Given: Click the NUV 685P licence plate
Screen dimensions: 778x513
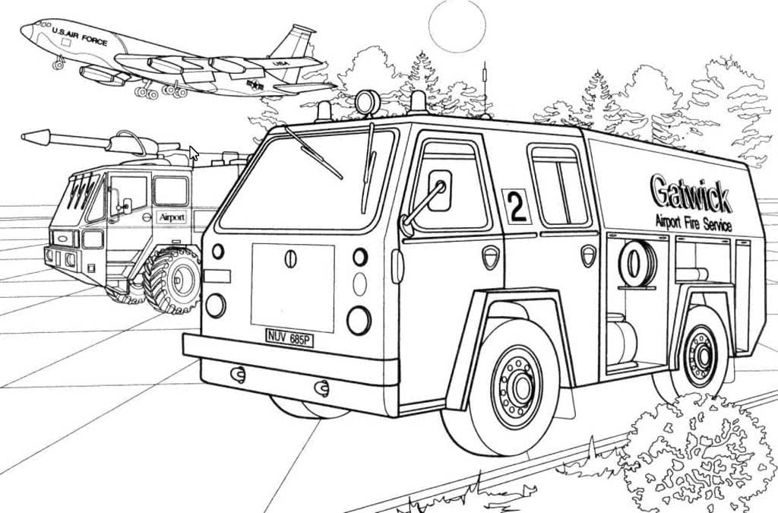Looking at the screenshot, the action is (289, 338).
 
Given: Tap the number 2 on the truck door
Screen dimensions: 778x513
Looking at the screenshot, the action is (517, 208).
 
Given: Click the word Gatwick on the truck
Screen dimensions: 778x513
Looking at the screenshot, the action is (690, 193).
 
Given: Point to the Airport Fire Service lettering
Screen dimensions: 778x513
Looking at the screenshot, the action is (693, 223).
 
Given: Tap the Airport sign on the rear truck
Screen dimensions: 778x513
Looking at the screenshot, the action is (172, 217).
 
